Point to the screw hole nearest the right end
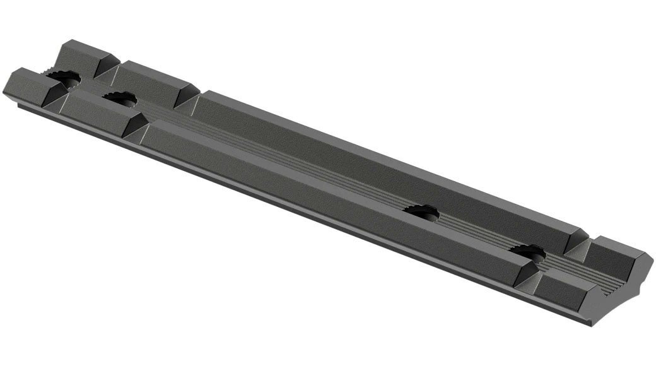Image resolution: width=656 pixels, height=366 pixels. (x=529, y=252)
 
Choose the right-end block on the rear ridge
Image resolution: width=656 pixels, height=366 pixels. (x=621, y=252)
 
